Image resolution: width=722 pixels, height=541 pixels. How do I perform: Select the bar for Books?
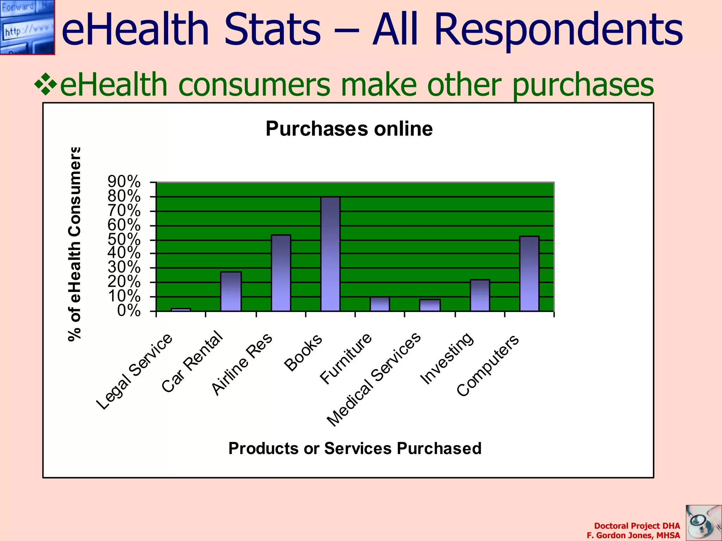(330, 254)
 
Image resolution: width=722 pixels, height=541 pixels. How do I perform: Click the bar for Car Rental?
(231, 291)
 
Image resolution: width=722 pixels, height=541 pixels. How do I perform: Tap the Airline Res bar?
(281, 273)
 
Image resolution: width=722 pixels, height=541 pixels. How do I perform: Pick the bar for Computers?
(529, 274)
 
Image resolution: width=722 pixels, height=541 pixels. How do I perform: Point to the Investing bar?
(480, 295)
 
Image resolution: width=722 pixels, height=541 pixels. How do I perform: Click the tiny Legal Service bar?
(181, 310)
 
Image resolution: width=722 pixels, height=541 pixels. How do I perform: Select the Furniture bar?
(380, 304)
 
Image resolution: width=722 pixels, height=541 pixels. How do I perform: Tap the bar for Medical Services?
(430, 305)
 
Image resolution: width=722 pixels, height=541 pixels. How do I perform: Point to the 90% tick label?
(124, 182)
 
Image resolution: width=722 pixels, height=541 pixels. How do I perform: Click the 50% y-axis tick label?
(124, 240)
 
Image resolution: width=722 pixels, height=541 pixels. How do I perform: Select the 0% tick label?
(129, 311)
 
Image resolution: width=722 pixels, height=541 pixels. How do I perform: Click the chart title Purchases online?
(349, 129)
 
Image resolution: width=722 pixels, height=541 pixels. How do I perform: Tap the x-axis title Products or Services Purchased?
(355, 448)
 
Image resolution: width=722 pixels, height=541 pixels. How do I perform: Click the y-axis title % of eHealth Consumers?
(75, 244)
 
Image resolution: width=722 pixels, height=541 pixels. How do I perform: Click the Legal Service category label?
(134, 371)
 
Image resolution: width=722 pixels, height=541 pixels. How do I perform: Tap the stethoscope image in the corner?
(703, 523)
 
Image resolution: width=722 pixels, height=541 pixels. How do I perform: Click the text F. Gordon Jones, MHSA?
(633, 535)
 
